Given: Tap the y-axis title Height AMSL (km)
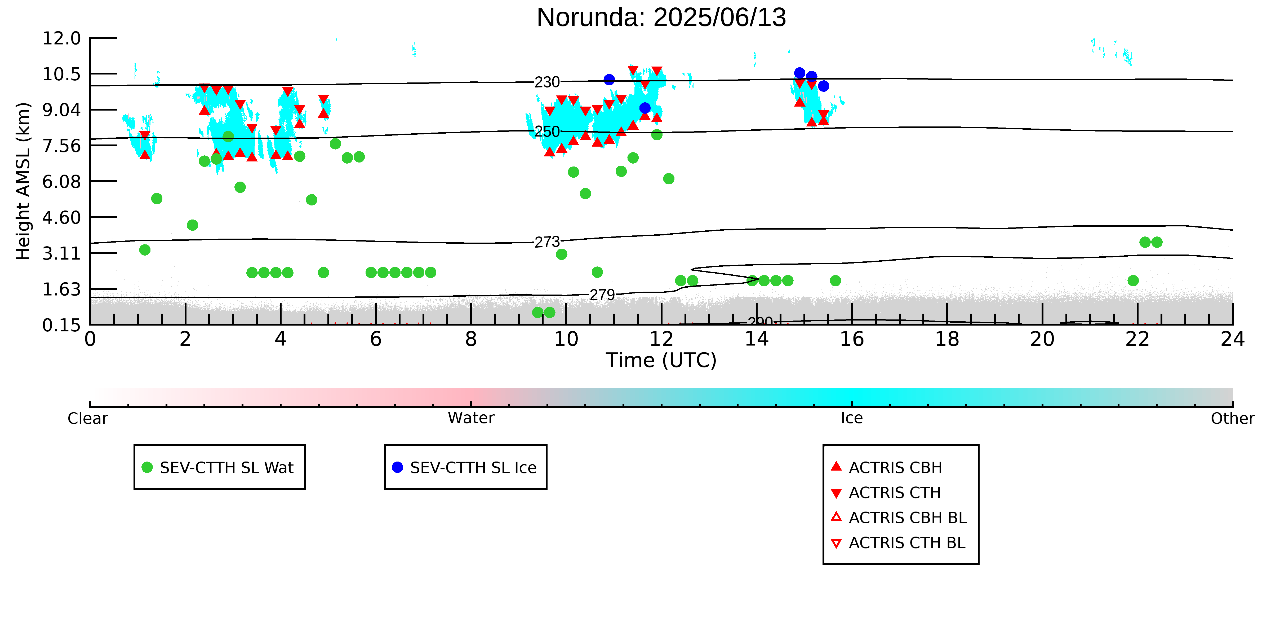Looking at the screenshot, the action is [23, 181].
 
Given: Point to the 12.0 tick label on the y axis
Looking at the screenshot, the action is [61, 38].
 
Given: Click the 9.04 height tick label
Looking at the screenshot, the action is [61, 109].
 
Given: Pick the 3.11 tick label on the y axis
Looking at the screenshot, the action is [61, 253].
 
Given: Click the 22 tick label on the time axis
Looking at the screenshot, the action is [1137, 339].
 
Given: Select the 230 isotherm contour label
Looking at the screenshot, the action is [547, 82].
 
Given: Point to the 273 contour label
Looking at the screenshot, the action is [547, 242].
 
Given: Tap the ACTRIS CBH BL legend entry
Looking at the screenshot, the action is [898, 517].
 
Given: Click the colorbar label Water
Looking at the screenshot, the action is [471, 418].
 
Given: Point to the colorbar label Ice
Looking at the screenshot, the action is [852, 418].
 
